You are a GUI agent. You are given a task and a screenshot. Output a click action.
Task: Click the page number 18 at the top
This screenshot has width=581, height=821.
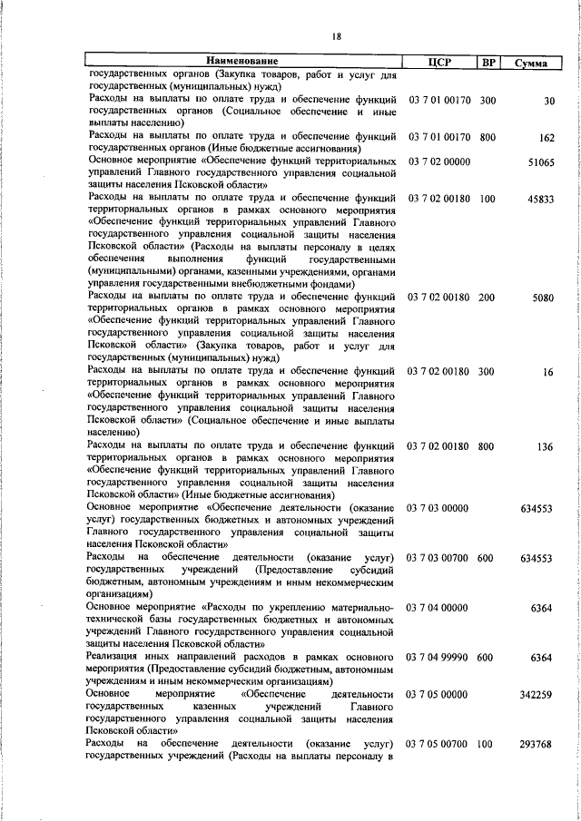[x=337, y=36]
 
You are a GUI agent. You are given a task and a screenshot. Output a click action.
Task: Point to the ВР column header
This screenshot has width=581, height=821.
[x=488, y=62]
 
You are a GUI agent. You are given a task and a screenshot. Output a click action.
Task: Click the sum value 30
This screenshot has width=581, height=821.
[x=547, y=101]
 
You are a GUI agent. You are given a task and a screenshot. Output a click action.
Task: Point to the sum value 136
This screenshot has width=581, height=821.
[x=545, y=446]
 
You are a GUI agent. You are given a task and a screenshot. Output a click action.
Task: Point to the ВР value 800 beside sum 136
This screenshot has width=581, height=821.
[x=487, y=446]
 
